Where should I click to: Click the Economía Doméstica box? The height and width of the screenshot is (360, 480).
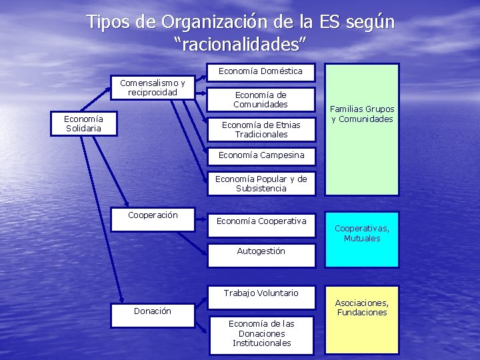(x=261, y=71)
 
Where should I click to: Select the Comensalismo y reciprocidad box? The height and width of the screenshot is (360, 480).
(x=153, y=87)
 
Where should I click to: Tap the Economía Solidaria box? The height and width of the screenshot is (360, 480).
(x=83, y=123)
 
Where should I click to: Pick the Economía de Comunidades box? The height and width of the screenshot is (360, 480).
(x=261, y=99)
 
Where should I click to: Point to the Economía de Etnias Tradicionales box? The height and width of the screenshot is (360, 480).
(x=261, y=129)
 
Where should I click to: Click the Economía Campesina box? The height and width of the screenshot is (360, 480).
(x=261, y=155)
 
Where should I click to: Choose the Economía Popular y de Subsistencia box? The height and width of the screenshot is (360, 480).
(x=261, y=183)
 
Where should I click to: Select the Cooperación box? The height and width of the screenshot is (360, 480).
(x=153, y=220)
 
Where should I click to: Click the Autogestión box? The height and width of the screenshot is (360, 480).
(x=261, y=255)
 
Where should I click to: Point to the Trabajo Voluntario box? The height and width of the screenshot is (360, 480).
(x=261, y=293)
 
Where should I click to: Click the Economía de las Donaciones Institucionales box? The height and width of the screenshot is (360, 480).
(x=261, y=333)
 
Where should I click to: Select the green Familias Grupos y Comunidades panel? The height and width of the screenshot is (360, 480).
(x=362, y=129)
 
